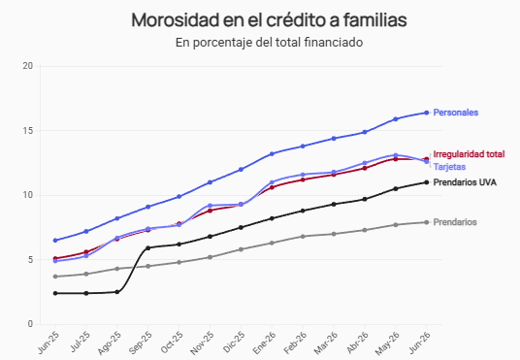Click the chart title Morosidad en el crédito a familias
coord(269,20)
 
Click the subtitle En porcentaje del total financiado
coord(269,43)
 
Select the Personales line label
coord(456,113)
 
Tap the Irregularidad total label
coord(469,154)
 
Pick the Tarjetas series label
coord(449,167)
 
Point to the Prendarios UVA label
coord(465,182)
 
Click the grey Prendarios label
coord(455,222)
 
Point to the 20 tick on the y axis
coord(28,66)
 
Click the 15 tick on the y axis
coord(28,131)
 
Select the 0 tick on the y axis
coord(30,324)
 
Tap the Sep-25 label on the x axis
coord(141,343)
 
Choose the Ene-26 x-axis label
coord(264,343)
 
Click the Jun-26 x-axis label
coord(419,343)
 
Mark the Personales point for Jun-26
coord(427,113)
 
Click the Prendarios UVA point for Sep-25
coord(147,247)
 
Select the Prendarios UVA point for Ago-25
coord(117,292)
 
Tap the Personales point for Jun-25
coord(55,241)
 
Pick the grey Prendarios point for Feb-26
coord(303,237)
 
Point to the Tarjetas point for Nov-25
coord(210,206)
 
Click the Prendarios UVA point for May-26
coord(396,189)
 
